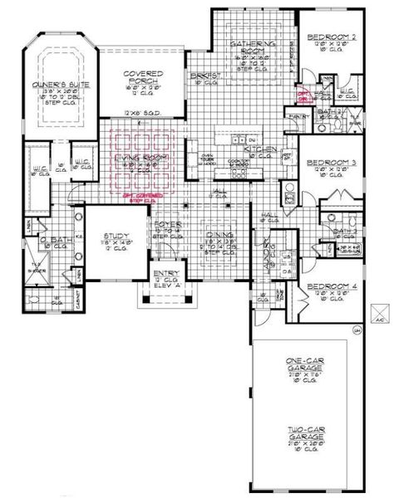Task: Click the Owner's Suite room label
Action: tap(56, 85)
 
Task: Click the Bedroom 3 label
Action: tap(331, 163)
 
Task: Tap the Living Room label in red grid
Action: tap(146, 158)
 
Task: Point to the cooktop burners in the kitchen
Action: tap(239, 164)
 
